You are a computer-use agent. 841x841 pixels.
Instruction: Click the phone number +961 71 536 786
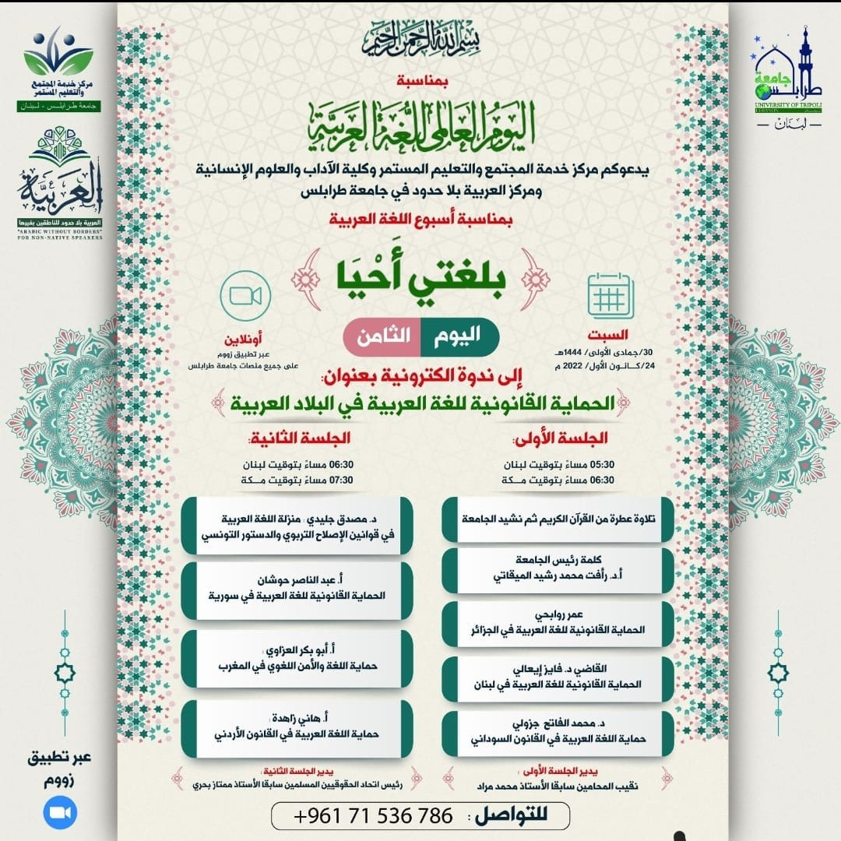(375, 816)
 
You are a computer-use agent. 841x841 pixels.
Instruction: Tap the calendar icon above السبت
(611, 294)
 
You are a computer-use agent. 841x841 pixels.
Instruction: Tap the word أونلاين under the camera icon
(242, 340)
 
